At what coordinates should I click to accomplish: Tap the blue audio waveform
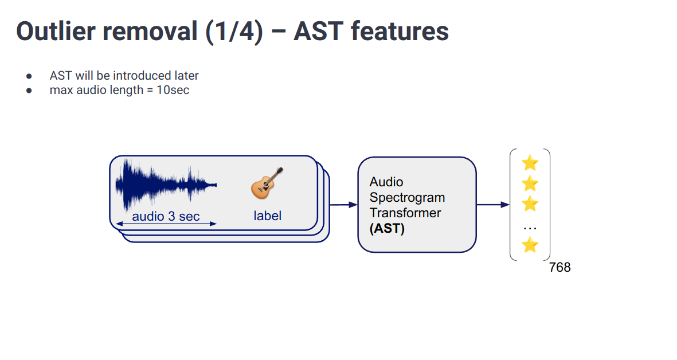click(x=163, y=185)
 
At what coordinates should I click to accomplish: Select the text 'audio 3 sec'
click(x=166, y=216)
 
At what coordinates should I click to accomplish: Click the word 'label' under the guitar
click(x=268, y=216)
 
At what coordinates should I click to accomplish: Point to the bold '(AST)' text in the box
click(x=387, y=229)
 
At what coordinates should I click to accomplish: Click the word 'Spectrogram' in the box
click(x=407, y=198)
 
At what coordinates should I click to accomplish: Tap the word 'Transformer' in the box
click(x=405, y=213)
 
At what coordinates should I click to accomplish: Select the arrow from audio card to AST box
click(x=343, y=205)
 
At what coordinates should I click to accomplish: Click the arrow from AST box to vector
click(x=492, y=205)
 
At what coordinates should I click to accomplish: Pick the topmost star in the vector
click(x=530, y=163)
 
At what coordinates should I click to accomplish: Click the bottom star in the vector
click(x=530, y=245)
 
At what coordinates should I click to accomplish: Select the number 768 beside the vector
click(x=559, y=267)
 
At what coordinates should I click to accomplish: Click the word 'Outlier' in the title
click(x=56, y=31)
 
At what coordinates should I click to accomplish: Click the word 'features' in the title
click(x=400, y=31)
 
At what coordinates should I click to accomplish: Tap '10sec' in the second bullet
click(x=173, y=90)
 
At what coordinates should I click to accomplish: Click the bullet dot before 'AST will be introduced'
click(x=29, y=76)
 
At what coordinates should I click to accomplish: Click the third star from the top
click(x=530, y=204)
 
